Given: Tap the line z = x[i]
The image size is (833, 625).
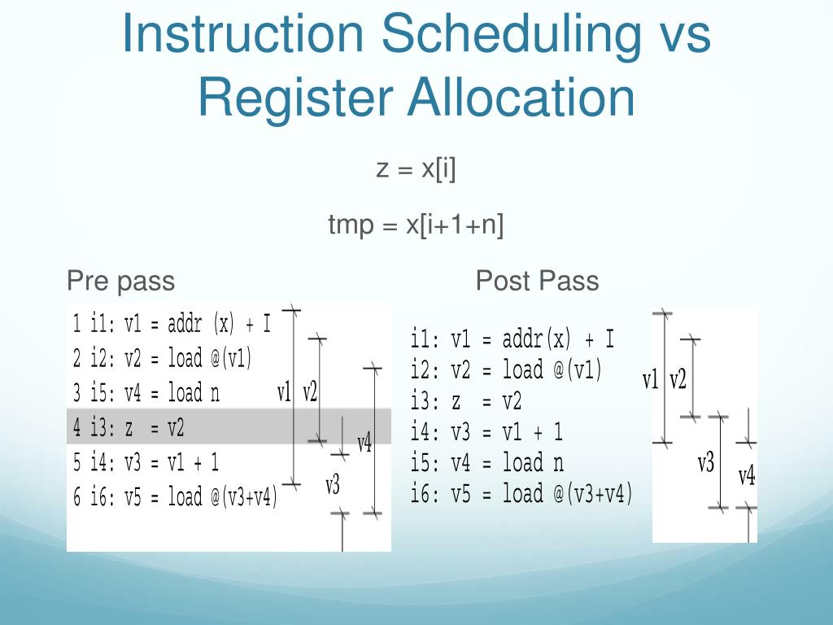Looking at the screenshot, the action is [415, 169].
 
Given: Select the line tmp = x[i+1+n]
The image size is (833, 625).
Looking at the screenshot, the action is [416, 225].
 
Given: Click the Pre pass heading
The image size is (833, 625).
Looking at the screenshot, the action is [120, 281].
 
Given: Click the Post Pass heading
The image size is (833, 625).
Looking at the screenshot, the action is [537, 281].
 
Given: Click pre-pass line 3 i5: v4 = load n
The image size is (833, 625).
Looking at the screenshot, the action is [146, 393].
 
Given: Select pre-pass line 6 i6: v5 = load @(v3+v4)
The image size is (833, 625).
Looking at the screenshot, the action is [176, 496].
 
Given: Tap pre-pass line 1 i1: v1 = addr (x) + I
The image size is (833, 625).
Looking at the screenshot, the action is [172, 324].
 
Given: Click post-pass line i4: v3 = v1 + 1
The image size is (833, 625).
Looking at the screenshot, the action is [486, 431].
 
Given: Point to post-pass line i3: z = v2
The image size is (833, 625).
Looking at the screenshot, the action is [466, 400].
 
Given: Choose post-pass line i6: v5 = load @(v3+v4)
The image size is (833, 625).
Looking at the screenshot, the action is [521, 493].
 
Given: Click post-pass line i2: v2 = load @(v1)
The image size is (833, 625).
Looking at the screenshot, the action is [507, 370].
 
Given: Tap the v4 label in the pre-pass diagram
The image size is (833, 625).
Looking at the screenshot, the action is [364, 444].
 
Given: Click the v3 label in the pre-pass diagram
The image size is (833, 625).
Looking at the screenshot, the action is [332, 486].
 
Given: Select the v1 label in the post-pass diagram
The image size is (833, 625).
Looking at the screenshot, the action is [651, 379].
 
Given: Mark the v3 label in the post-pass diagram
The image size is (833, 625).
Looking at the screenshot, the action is [705, 463].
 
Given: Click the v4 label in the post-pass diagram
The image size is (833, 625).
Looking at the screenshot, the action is [747, 476].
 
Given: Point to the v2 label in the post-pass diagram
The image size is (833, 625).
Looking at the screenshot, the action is [678, 379].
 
